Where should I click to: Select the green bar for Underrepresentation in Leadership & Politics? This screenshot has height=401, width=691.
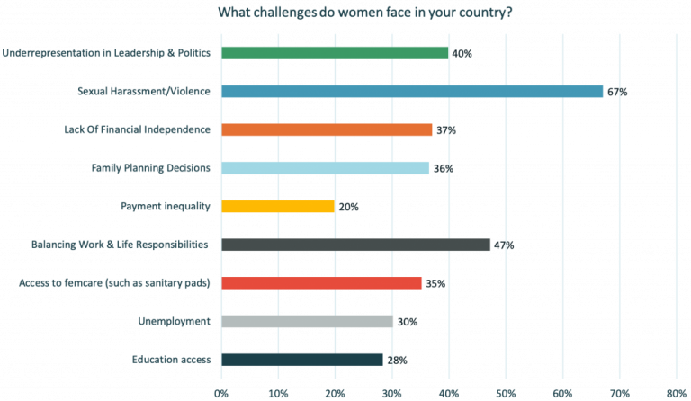(x=335, y=52)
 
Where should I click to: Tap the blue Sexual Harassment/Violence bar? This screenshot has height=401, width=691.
(x=412, y=91)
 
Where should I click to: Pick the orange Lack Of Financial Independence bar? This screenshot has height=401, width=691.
(x=327, y=129)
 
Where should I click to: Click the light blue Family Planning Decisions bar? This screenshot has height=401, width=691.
(x=326, y=168)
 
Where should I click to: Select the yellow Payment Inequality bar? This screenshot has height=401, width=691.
(x=278, y=206)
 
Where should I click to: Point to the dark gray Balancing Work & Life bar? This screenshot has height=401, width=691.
(x=356, y=245)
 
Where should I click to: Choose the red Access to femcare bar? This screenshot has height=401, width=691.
(x=322, y=283)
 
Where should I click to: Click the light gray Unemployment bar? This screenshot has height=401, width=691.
(x=307, y=321)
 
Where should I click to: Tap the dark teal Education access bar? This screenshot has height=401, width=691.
(x=302, y=360)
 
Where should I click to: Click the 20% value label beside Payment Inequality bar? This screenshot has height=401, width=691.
(x=349, y=207)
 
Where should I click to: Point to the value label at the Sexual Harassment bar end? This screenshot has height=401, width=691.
(x=617, y=92)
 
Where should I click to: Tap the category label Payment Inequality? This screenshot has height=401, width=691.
(x=166, y=206)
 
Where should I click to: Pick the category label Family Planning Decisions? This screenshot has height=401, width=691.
(x=151, y=168)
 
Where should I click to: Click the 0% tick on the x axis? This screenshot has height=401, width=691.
(x=221, y=393)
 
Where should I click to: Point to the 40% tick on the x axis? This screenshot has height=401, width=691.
(x=449, y=393)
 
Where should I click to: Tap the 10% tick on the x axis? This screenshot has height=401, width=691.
(x=278, y=393)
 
